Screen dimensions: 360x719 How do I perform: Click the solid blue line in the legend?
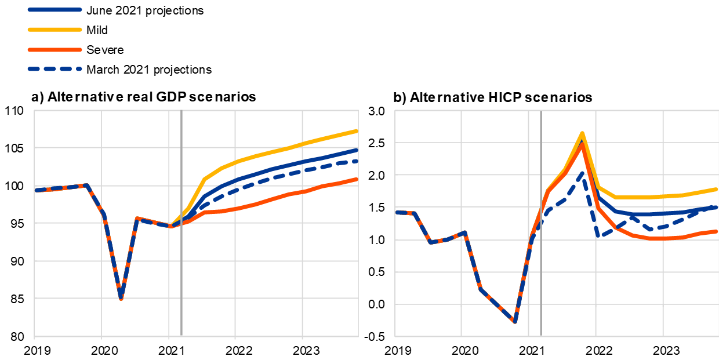coord(55,10)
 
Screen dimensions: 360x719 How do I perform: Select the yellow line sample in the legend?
coord(55,30)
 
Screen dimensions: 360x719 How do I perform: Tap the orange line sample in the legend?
coord(55,50)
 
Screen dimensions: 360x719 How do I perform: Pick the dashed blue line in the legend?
coord(55,69)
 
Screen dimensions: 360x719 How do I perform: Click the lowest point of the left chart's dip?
coord(121,299)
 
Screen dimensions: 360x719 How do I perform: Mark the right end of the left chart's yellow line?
coord(357,131)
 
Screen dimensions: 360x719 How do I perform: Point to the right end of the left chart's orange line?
coord(357,179)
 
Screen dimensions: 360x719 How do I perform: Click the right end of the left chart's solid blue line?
coord(357,150)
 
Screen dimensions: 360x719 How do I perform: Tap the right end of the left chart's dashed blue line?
coord(357,161)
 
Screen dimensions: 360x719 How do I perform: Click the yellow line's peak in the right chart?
coord(582,133)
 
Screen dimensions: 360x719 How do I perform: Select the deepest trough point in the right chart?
coord(514,322)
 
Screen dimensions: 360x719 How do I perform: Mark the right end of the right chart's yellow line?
coord(717,189)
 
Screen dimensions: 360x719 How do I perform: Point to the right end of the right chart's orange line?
coord(717,231)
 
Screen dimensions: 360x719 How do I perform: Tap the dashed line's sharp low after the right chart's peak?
coord(599,237)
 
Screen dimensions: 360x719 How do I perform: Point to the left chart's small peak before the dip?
coord(86,185)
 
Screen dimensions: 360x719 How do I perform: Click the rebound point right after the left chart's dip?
coord(136,218)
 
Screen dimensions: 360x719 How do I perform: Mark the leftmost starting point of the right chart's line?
coord(397,212)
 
